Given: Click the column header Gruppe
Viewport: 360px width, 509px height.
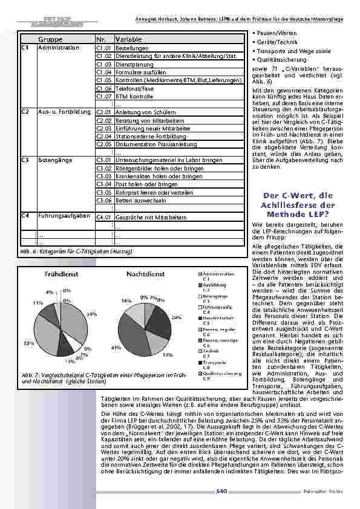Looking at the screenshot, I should point(55,39).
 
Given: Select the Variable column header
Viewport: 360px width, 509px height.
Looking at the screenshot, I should point(128,39).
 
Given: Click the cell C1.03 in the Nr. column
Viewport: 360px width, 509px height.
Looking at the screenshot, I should point(104,63).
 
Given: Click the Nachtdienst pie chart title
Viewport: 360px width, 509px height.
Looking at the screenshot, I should point(146,274).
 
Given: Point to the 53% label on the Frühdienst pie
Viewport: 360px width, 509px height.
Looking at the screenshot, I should point(28,343).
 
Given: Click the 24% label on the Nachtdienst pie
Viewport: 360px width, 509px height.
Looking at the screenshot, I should point(176,317).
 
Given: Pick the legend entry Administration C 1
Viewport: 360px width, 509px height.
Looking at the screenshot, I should point(217,276).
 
